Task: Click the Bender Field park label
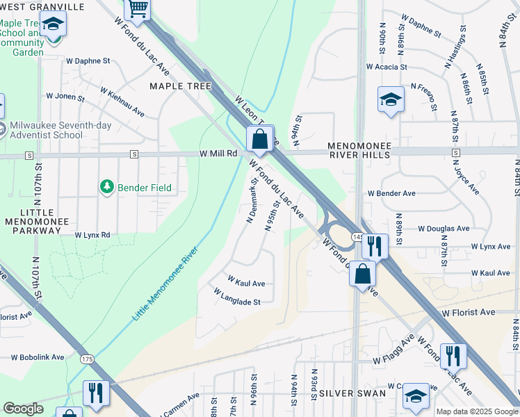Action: [145, 188]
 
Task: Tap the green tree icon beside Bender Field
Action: [107, 187]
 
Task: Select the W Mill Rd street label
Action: [218, 153]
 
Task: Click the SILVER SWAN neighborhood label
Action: [352, 393]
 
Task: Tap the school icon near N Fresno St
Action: [391, 99]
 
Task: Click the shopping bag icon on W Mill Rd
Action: [260, 139]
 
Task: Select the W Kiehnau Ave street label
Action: [122, 101]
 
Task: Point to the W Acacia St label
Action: [387, 67]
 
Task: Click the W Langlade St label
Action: [238, 302]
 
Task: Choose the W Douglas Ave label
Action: [443, 228]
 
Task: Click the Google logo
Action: [23, 409]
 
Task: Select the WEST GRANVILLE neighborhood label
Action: [42, 7]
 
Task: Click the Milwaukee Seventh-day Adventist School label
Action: [46, 131]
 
